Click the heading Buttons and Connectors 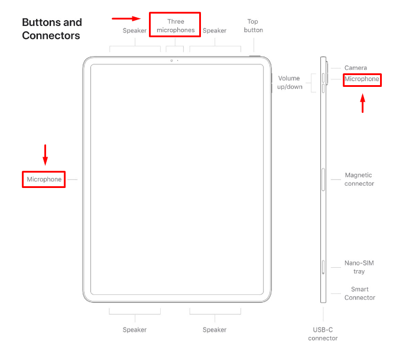pyautogui.click(x=52, y=29)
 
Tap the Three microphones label pyautogui.click(x=175, y=25)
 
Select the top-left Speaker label pyautogui.click(x=135, y=30)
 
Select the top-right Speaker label pyautogui.click(x=214, y=30)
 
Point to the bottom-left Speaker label pyautogui.click(x=135, y=329)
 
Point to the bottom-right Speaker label pyautogui.click(x=214, y=329)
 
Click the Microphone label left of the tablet pyautogui.click(x=44, y=179)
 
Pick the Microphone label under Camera pyautogui.click(x=362, y=79)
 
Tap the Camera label pyautogui.click(x=355, y=67)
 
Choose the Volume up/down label pyautogui.click(x=290, y=82)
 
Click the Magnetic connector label pyautogui.click(x=359, y=179)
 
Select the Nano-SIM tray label pyautogui.click(x=359, y=267)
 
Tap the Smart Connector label pyautogui.click(x=359, y=294)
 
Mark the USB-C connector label pyautogui.click(x=323, y=334)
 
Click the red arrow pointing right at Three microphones pyautogui.click(x=126, y=18)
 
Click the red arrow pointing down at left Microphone pyautogui.click(x=45, y=154)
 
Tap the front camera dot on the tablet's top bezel pyautogui.click(x=171, y=60)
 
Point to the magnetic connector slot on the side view pyautogui.click(x=323, y=180)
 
